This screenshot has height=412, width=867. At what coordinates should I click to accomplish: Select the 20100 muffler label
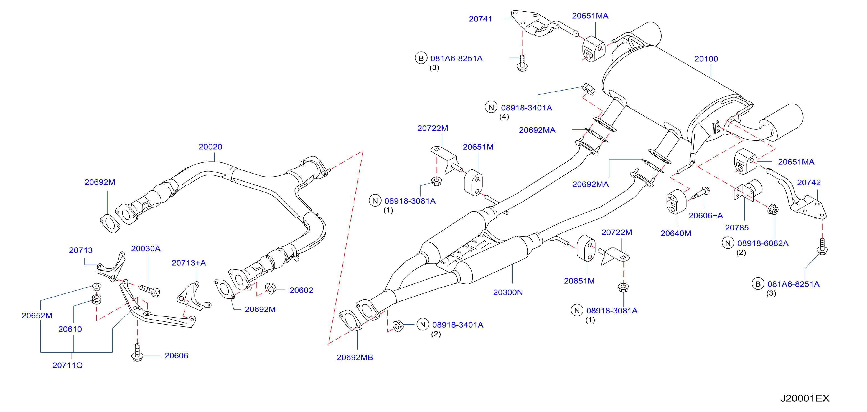706,59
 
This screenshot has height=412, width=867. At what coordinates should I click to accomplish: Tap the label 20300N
508,292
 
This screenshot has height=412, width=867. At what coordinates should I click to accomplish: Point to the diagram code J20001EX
804,398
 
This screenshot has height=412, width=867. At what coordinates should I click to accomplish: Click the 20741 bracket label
480,19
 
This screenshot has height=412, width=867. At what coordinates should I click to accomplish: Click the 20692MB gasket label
355,357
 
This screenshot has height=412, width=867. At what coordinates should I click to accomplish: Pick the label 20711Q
67,365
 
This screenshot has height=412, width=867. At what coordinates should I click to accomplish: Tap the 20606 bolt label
176,355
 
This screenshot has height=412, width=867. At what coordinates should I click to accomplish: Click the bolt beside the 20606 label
137,352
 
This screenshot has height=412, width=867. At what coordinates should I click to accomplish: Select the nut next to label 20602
270,288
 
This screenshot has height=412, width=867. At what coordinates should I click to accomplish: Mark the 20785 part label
736,227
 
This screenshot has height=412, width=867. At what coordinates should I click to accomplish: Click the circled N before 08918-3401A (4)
491,107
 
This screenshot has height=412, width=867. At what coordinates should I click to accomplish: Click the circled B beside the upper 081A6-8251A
421,58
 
